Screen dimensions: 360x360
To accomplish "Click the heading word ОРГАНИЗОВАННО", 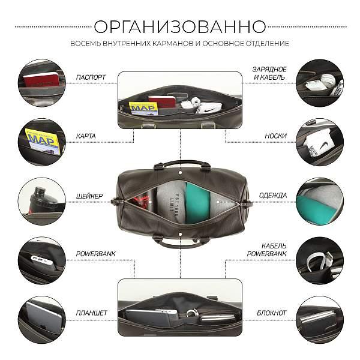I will (180, 26).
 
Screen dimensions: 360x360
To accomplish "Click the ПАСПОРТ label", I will (91, 77).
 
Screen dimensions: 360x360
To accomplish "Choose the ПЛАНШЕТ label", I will (92, 313).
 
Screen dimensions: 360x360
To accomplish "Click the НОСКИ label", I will (275, 136).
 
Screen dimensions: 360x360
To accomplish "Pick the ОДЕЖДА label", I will (273, 196).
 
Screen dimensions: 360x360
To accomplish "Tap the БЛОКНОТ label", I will (272, 313).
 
